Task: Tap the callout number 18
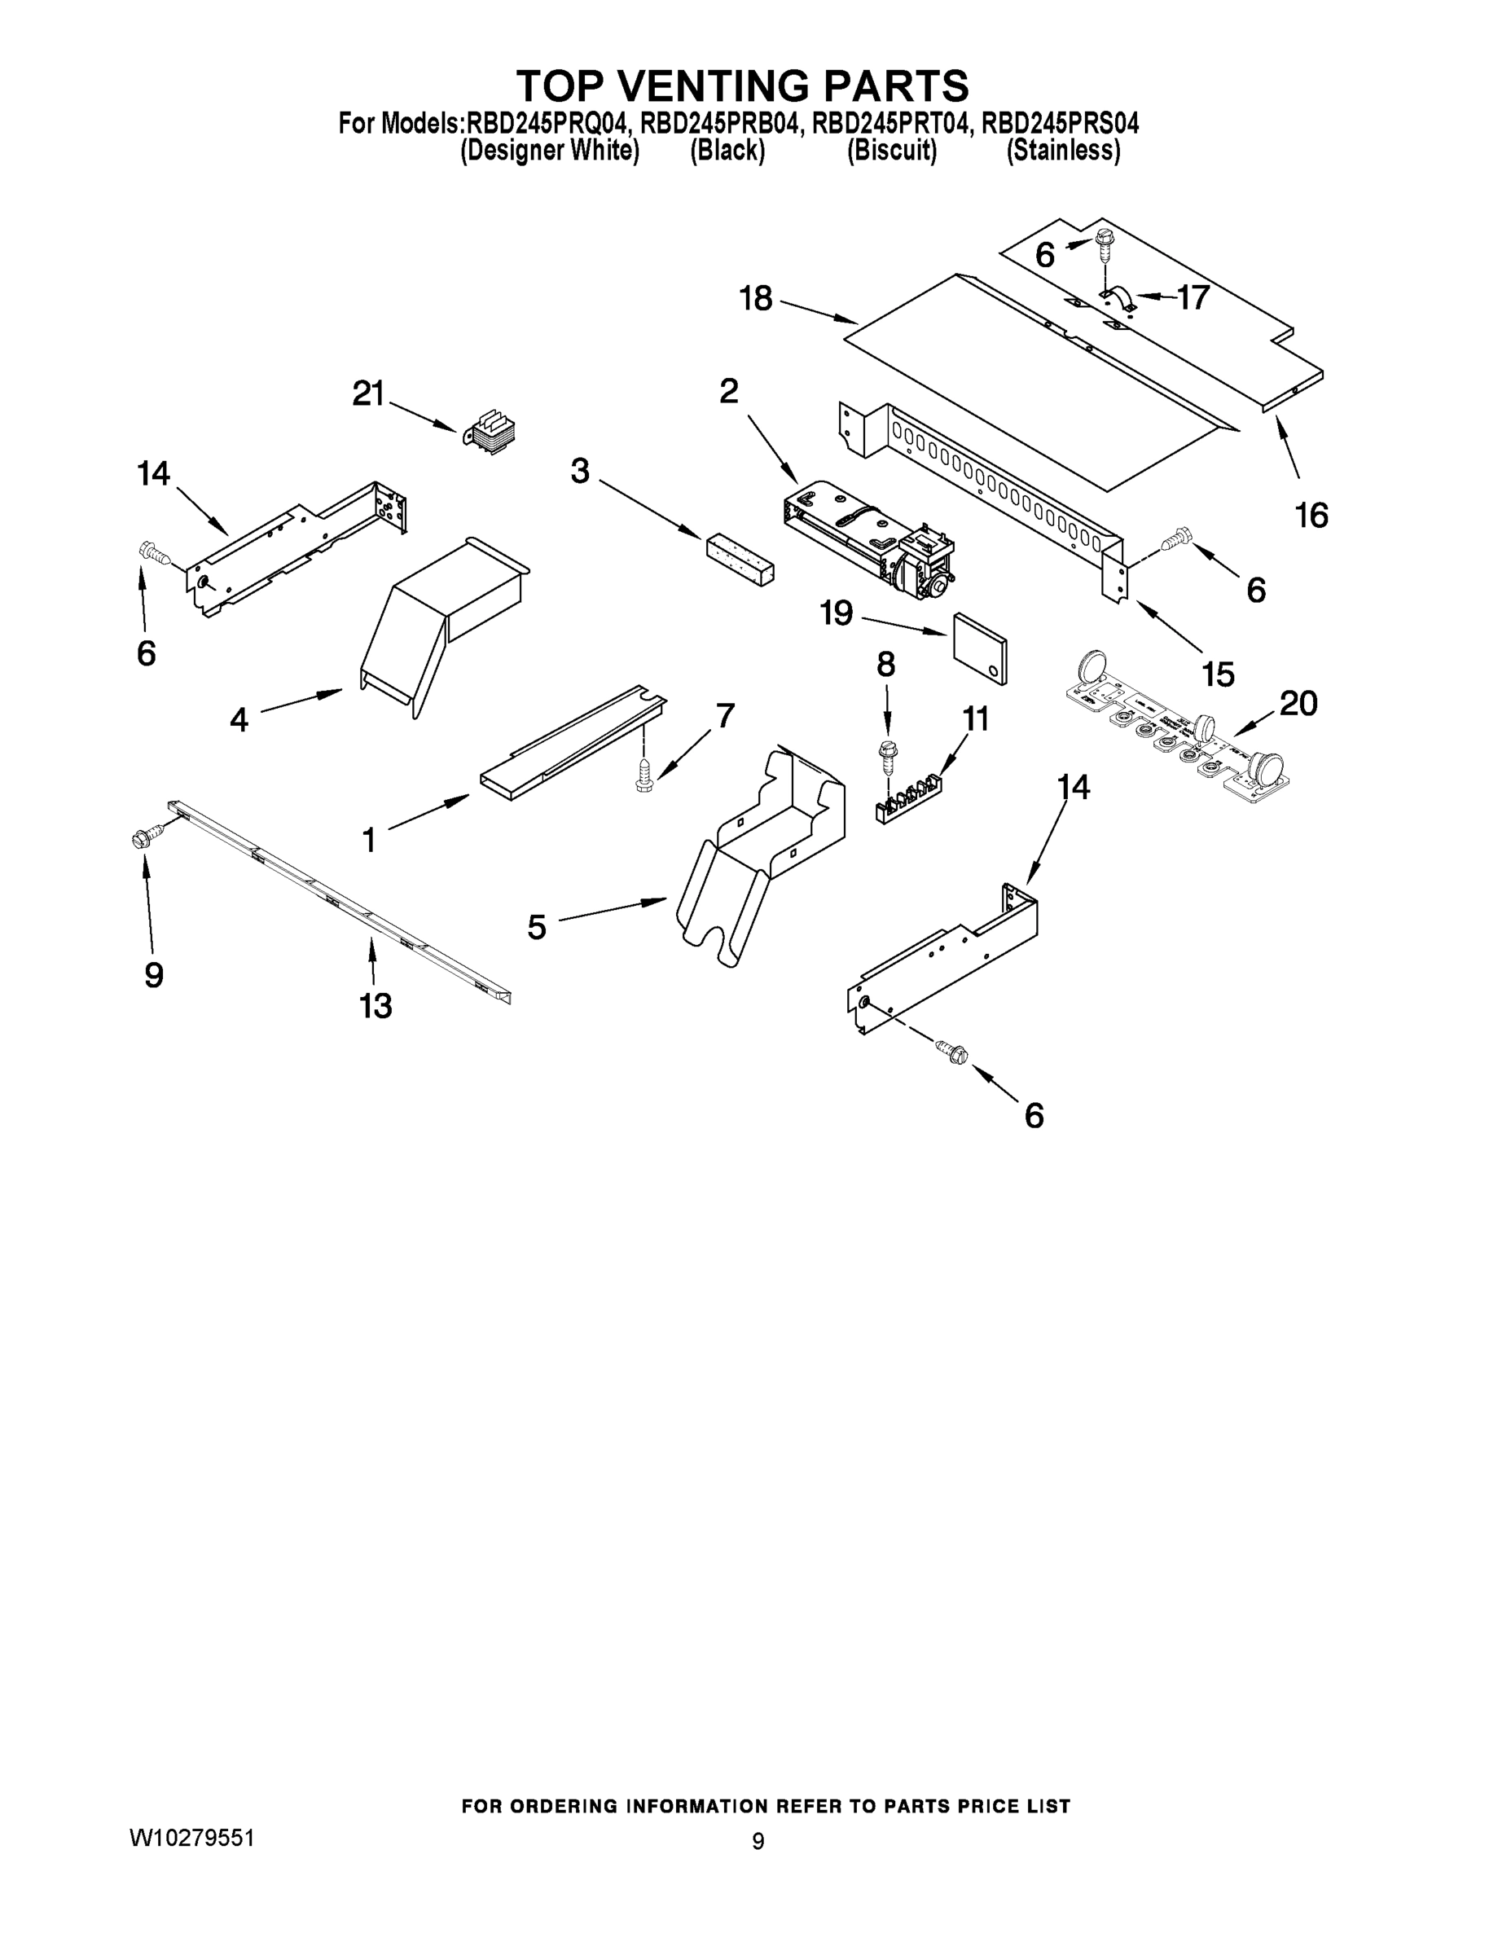756,298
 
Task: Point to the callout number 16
1311,516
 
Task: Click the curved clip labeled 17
1119,298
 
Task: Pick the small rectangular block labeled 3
740,560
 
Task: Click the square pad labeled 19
980,649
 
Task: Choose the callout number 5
536,926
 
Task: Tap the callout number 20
1298,704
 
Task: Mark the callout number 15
1219,674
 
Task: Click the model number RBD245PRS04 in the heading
1060,123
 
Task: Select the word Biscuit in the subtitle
892,151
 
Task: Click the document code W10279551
192,1838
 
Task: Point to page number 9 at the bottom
758,1841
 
